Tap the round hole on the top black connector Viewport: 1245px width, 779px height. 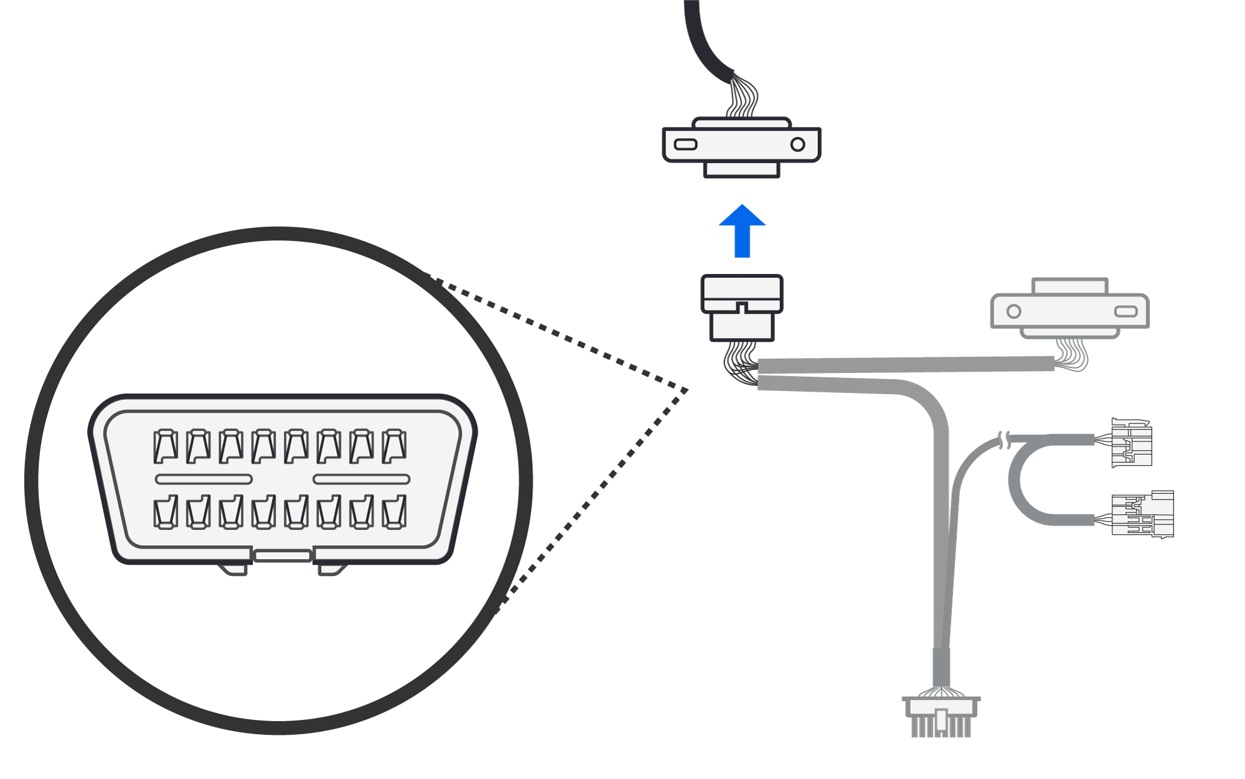(797, 145)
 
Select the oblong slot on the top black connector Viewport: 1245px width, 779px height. (685, 145)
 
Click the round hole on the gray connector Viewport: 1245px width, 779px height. (1013, 311)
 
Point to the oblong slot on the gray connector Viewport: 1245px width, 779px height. (1125, 311)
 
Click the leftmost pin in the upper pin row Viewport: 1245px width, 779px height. (166, 446)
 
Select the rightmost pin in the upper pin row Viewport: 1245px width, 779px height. (394, 446)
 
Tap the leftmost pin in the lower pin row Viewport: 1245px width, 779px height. (166, 512)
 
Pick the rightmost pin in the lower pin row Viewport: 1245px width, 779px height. (394, 512)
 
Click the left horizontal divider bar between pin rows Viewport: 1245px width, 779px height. (204, 479)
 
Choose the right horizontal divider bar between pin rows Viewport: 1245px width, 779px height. (361, 479)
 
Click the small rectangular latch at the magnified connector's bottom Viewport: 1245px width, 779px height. (283, 555)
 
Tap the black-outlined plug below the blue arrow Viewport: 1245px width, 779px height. (741, 308)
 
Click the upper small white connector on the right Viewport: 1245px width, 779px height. (1132, 443)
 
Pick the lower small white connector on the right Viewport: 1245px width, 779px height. (1142, 514)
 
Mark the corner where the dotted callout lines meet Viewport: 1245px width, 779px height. (687, 390)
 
